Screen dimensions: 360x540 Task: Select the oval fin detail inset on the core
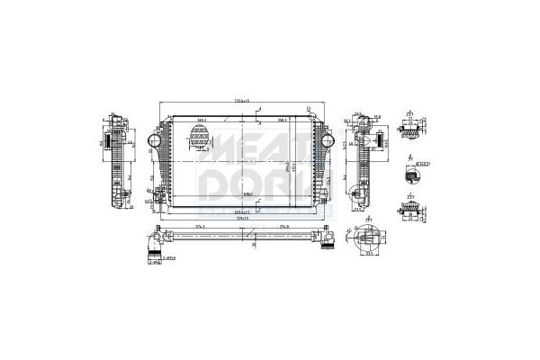click(x=199, y=138)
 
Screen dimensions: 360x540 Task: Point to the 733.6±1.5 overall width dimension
click(x=239, y=99)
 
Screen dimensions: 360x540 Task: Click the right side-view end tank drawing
click(x=364, y=162)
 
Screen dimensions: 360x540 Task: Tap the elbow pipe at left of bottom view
click(x=156, y=244)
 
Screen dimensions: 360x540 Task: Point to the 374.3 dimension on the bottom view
click(x=200, y=227)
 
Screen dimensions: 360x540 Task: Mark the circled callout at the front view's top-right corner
click(x=309, y=111)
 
